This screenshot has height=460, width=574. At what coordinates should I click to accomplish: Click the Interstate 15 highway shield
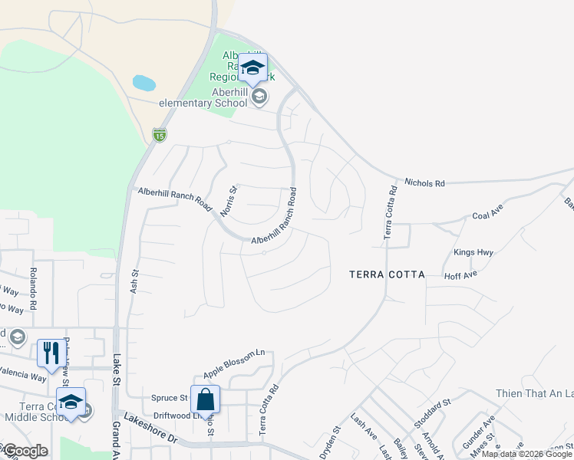point(159,135)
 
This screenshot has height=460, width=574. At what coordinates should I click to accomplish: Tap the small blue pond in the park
point(143,82)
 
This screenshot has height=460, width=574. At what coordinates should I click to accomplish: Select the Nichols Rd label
point(424,184)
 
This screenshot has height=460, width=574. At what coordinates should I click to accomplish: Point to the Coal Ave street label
point(487,216)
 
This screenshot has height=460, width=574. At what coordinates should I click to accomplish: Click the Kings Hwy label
point(473,252)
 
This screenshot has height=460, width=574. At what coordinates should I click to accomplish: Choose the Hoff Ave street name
point(460,274)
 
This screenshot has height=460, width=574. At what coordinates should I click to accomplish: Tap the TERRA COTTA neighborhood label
point(387,274)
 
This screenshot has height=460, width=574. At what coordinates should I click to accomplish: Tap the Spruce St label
point(169,398)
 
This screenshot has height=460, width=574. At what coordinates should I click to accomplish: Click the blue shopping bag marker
point(205,399)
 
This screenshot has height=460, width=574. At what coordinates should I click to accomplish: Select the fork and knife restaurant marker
point(51,353)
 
